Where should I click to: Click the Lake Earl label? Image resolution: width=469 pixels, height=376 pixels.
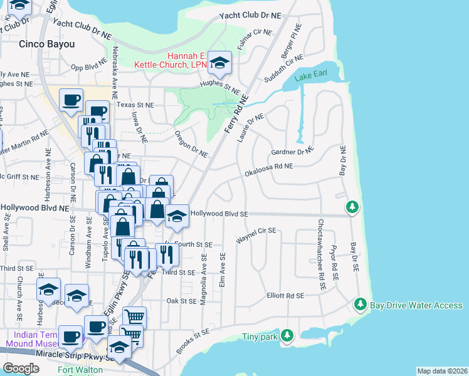coord(312,76)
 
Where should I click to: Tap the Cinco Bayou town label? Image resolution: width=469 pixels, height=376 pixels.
coord(47,44)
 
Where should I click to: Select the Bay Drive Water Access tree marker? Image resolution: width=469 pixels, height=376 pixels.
coord(360,305)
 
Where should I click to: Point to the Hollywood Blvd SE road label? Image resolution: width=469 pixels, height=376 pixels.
coord(219,214)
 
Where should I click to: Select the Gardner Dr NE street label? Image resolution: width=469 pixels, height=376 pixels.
coord(291,151)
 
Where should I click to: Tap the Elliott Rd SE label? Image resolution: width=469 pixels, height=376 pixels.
coord(285,295)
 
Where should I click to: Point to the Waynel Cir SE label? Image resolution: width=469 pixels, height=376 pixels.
coord(256,235)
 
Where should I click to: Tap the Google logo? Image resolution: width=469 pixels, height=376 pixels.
coord(21,368)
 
